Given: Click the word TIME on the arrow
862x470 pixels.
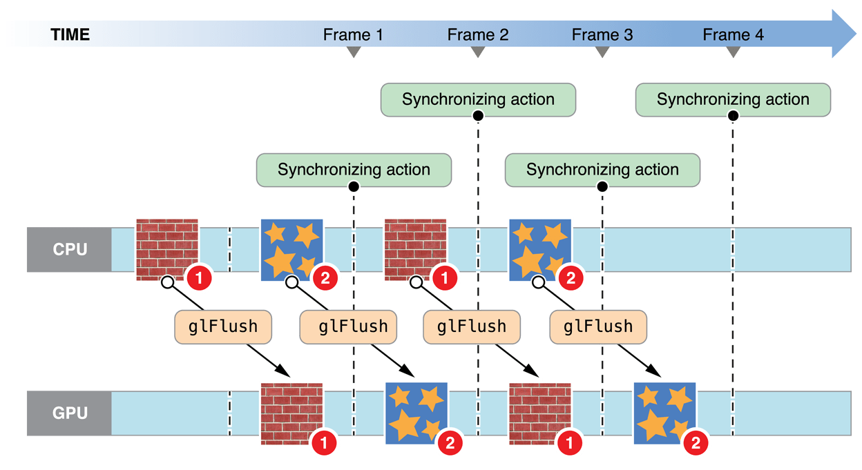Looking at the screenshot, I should [70, 35].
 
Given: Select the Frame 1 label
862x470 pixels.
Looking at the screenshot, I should [353, 35].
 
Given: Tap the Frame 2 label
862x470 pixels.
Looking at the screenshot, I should [478, 35].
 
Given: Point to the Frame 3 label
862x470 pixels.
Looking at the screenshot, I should [602, 35].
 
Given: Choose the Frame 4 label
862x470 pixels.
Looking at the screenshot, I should [734, 35].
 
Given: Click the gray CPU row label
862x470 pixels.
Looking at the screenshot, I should [70, 249].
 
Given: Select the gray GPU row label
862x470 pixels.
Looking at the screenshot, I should [70, 413].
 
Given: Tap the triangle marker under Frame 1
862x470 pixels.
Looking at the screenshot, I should [353, 52].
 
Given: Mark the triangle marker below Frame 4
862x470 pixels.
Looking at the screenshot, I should [734, 52].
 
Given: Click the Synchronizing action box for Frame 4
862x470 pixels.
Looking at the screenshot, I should [733, 99].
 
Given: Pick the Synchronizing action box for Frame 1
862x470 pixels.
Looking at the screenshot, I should [354, 170].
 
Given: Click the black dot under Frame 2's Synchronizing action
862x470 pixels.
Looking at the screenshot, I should [478, 117].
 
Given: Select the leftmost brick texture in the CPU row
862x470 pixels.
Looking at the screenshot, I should [167, 249].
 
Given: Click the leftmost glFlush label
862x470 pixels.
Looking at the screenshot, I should [223, 326].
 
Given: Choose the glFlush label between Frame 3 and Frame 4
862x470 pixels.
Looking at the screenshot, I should [598, 326].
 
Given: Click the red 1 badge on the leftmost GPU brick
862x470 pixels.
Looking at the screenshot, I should [323, 444].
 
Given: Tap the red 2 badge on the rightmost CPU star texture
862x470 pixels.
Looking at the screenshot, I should [571, 280].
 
